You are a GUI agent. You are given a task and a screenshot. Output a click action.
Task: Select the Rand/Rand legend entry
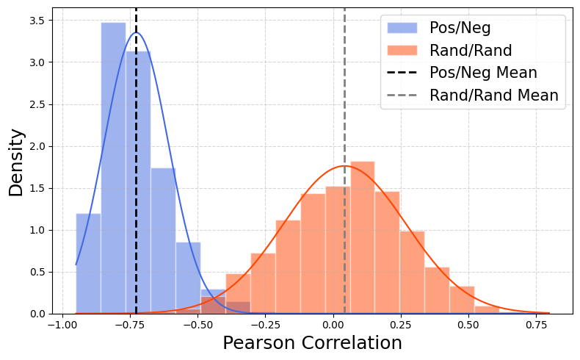pos(471,51)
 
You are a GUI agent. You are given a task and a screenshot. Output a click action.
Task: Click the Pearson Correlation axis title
pos(312,343)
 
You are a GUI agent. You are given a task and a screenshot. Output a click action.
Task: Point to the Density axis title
pos(16,162)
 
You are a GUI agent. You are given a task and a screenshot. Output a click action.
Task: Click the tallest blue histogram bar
pos(113,169)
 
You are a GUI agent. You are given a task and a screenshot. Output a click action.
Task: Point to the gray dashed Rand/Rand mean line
pos(344,88)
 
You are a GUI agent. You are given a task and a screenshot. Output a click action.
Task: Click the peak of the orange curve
pos(344,166)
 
